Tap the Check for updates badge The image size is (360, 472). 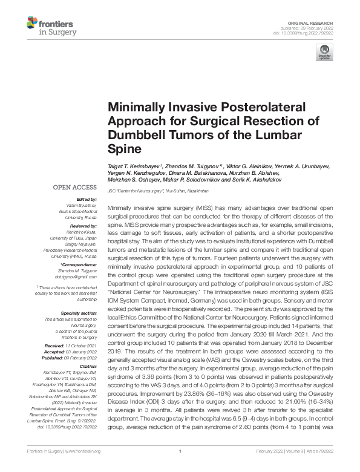point(324,53)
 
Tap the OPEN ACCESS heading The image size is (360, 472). point(75,188)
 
